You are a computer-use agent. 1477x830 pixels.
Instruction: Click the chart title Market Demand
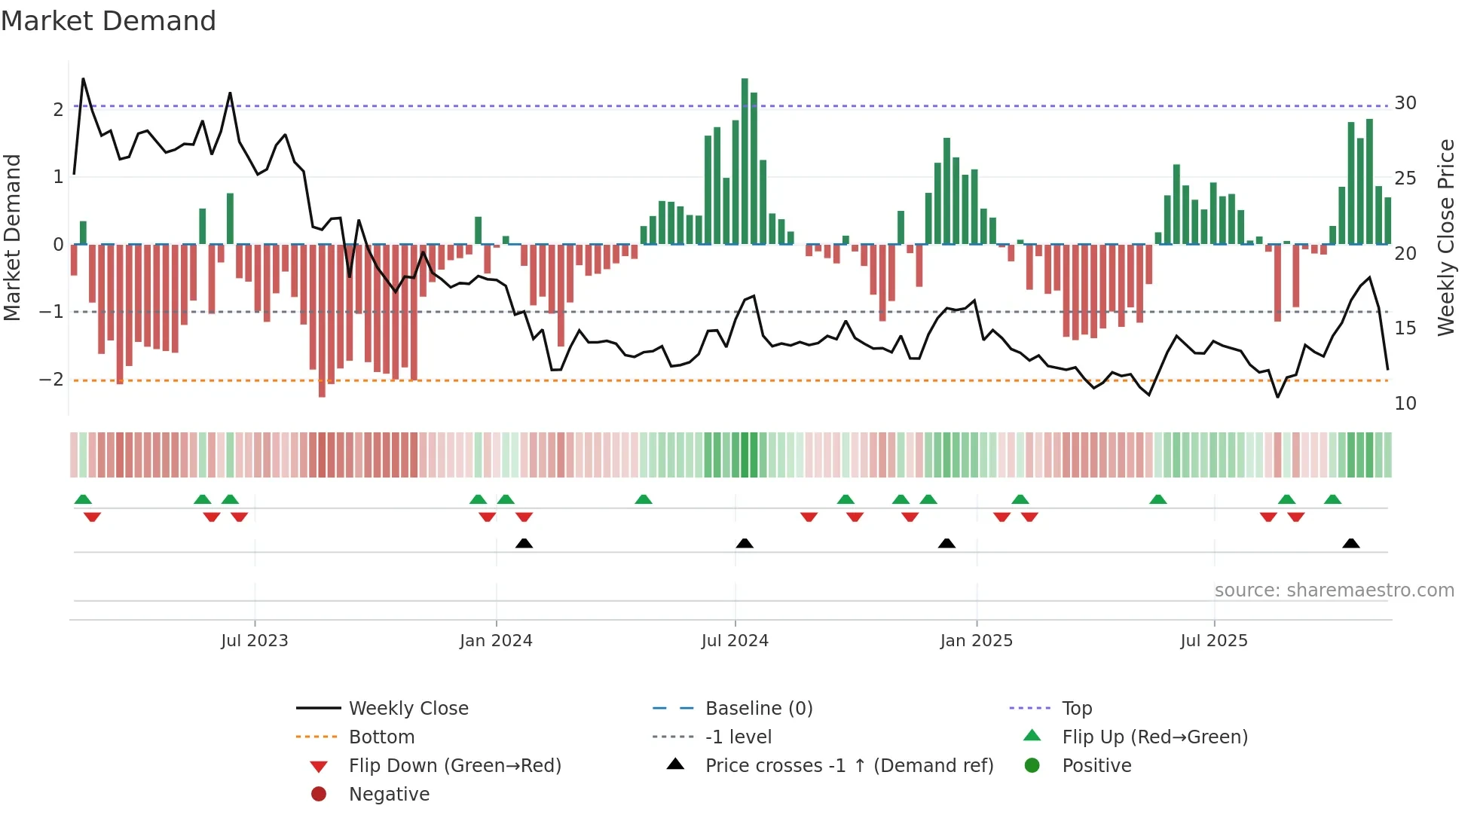pos(109,21)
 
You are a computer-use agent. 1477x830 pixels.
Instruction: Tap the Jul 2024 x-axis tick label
pos(735,641)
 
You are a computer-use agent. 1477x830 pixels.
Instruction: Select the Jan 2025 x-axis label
pos(976,641)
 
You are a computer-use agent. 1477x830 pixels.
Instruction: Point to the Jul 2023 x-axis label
pos(255,641)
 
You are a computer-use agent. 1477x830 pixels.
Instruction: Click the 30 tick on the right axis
pos(1405,103)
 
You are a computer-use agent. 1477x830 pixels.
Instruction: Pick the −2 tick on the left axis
pos(52,380)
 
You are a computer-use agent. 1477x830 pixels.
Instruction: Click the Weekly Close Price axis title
pos(1445,237)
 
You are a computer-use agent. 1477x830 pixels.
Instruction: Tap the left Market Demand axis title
pos(13,237)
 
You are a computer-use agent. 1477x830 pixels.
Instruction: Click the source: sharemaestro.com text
pos(1334,590)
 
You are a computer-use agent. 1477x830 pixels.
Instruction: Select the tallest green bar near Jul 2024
pos(745,161)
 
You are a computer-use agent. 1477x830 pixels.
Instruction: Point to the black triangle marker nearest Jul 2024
pos(745,543)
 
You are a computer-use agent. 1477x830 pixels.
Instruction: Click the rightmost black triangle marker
pos(1351,543)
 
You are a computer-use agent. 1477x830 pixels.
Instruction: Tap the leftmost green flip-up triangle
pos(83,499)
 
